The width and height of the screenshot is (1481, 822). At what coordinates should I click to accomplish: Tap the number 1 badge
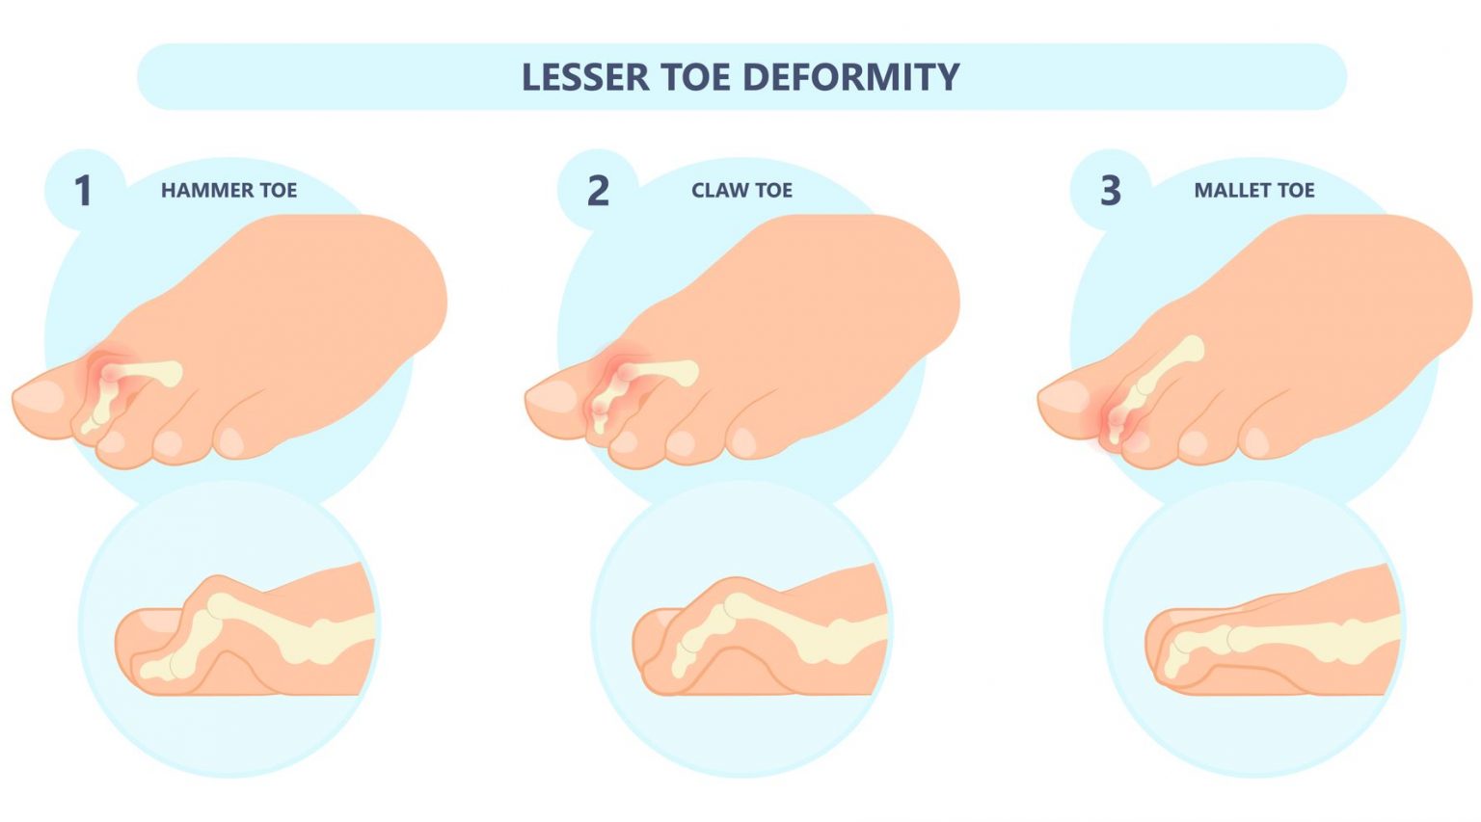tap(84, 190)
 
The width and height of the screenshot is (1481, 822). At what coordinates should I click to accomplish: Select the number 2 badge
tap(598, 190)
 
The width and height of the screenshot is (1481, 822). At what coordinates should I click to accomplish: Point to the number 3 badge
tap(1111, 190)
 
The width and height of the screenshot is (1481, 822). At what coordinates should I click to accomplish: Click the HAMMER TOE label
tap(229, 190)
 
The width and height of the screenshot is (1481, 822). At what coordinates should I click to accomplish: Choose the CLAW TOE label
tap(741, 190)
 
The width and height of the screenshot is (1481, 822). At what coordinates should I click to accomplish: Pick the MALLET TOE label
tap(1253, 190)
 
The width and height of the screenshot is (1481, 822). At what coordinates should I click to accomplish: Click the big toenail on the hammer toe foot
tap(39, 396)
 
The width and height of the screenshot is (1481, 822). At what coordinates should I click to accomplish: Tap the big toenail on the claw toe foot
tap(552, 396)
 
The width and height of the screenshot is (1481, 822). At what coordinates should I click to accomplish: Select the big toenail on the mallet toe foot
tap(1064, 396)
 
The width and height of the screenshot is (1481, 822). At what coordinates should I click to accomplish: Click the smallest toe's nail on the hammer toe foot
tap(231, 441)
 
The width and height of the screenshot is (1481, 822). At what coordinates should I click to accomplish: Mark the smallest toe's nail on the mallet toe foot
tap(1255, 441)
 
